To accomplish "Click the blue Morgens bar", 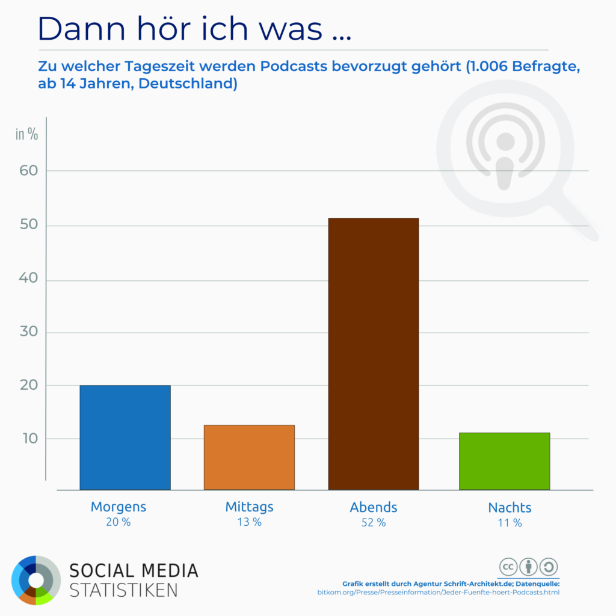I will point(125,437).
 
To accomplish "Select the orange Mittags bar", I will point(249,457).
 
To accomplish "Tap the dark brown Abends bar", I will point(373,354).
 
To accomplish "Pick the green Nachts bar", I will point(504,461).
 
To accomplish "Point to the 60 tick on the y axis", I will point(29,170).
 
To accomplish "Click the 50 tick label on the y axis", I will point(29,225).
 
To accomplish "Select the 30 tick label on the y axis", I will point(29,332).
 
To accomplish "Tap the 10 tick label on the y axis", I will point(29,439).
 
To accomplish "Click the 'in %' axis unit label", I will point(26,134).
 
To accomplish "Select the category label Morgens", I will point(119,507).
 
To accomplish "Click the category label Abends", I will point(374,507).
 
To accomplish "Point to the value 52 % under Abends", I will point(374,522).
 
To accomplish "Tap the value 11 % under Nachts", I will point(510,523).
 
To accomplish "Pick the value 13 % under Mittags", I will point(249,522).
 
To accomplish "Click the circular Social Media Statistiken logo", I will point(36,580).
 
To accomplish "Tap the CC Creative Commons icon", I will point(508,567).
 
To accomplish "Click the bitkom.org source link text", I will point(438,593).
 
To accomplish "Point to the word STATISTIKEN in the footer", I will point(123,590).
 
